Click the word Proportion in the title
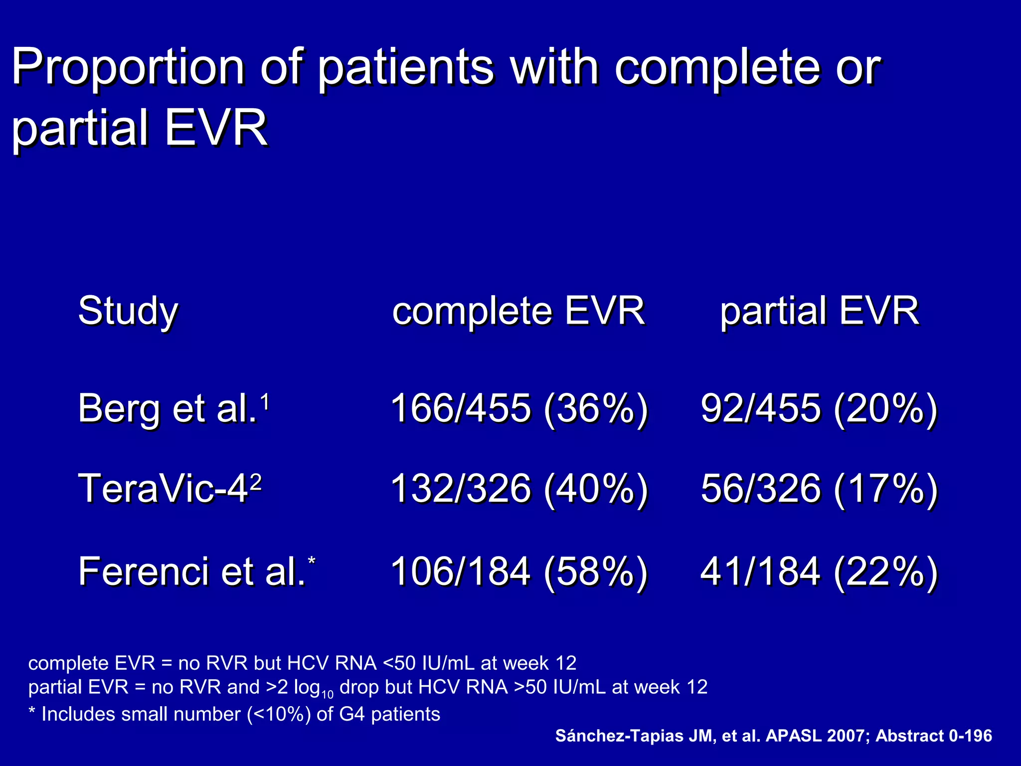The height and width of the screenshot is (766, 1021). (128, 67)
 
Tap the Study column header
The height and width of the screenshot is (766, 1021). (128, 311)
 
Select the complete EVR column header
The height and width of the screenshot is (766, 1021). (518, 311)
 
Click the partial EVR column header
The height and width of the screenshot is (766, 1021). (820, 311)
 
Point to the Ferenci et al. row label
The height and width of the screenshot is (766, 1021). (192, 572)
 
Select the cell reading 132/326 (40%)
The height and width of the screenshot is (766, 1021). (519, 489)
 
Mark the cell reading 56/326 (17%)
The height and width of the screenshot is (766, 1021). (819, 489)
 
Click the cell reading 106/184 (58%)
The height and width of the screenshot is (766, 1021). (519, 572)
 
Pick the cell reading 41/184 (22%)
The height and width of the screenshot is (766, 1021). (819, 572)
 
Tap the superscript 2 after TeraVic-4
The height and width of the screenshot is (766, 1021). (255, 482)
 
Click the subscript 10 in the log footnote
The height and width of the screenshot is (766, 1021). (327, 694)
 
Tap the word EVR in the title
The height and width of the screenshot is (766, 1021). (216, 129)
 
